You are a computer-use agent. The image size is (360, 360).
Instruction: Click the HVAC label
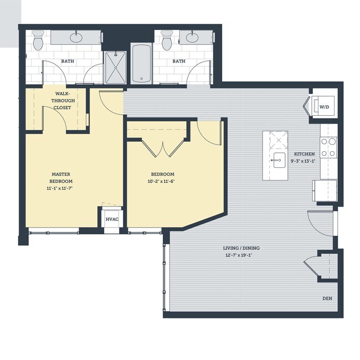coord(112,219)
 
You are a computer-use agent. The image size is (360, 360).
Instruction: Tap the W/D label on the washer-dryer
coord(324,106)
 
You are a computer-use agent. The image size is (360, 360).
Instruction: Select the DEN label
coord(327,299)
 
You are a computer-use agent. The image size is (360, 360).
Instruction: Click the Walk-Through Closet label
coord(62,101)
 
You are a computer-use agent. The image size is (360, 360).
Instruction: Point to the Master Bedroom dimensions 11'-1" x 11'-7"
coord(61,188)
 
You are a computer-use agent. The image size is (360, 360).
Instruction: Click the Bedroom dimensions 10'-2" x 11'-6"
coord(162,181)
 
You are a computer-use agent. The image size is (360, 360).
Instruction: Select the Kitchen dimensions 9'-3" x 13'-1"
coord(304,161)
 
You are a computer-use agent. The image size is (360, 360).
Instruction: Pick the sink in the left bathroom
coord(76,38)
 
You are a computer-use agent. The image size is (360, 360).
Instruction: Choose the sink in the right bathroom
coord(192,38)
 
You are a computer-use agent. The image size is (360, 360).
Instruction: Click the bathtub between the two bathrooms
coord(141,63)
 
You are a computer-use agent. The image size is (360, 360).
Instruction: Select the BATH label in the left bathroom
coord(68,61)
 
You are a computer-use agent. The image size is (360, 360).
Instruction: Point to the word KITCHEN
coord(304,154)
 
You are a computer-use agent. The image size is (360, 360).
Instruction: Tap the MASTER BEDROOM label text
coord(61,178)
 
